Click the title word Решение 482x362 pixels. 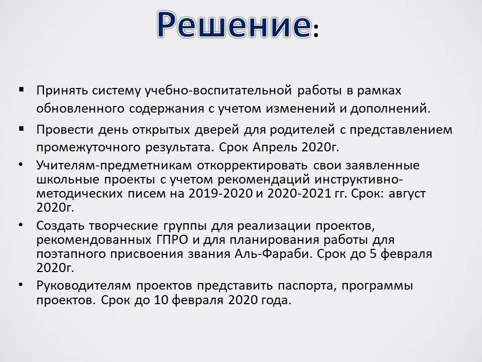[234, 24]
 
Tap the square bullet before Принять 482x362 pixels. [21, 90]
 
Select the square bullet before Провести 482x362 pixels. [21, 129]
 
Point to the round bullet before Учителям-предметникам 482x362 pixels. [21, 165]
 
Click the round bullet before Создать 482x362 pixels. [21, 225]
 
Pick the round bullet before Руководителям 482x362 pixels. [21, 285]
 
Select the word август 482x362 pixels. [407, 194]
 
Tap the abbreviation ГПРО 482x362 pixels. [170, 239]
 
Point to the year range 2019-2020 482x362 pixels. [221, 194]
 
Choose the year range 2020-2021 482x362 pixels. [300, 194]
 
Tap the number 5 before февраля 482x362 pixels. [373, 254]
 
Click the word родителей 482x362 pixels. [302, 130]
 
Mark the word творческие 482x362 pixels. [124, 226]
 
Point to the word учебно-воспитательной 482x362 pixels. [218, 91]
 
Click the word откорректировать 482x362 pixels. [252, 166]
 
